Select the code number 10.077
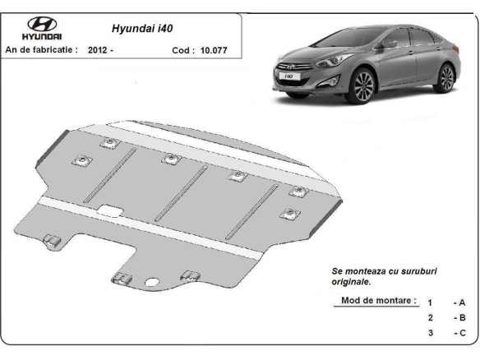pos(214,50)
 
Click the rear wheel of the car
pos(446,78)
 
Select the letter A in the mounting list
pos(462,303)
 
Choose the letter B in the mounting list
pos(462,318)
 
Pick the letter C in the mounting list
pos(462,333)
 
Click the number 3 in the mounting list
pos(430,333)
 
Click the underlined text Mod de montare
pos(378,301)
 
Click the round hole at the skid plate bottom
pos(154,285)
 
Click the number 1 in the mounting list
pos(430,303)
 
